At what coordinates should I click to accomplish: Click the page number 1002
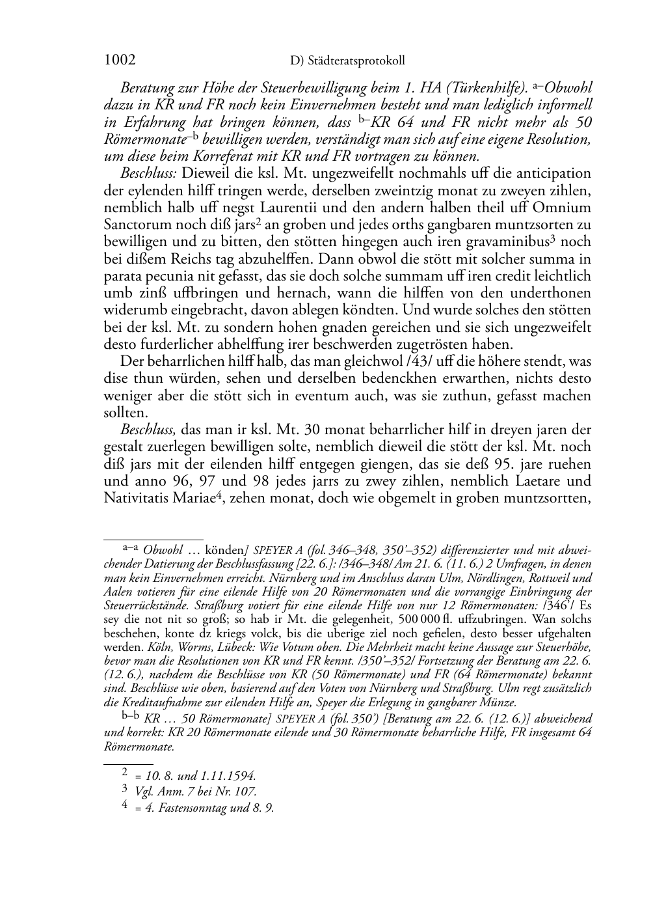[120, 60]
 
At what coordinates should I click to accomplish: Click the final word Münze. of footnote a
[498, 702]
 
